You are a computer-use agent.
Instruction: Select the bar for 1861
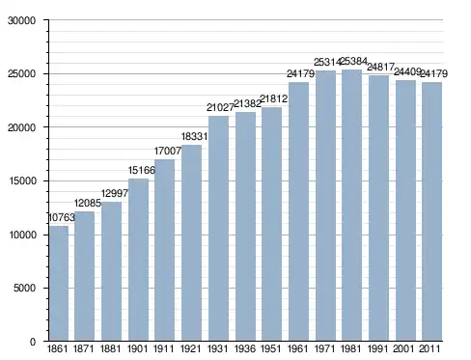(59, 283)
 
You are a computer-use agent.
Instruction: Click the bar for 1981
(351, 205)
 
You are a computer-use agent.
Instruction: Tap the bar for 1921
(191, 242)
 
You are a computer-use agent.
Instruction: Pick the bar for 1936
(245, 226)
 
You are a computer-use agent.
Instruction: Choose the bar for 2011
(432, 211)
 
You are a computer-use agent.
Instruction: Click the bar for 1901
(138, 260)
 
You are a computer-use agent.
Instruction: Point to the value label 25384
(353, 61)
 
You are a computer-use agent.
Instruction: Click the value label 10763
(62, 217)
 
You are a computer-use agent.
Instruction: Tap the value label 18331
(194, 136)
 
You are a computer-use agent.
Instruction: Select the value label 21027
(220, 107)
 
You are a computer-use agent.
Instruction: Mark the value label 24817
(380, 67)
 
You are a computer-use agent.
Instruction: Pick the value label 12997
(115, 193)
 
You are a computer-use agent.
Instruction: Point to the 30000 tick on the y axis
(21, 20)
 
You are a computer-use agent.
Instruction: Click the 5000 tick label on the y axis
(24, 288)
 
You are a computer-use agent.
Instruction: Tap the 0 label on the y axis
(33, 342)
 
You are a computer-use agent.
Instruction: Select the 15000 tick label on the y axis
(21, 180)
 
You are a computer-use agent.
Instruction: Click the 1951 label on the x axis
(271, 348)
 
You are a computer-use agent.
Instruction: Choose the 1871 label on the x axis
(84, 348)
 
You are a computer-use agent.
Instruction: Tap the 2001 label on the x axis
(403, 348)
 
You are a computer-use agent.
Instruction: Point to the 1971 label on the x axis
(324, 348)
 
